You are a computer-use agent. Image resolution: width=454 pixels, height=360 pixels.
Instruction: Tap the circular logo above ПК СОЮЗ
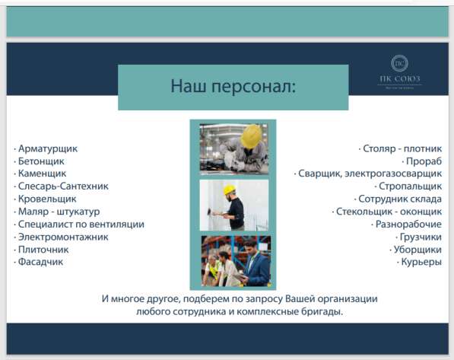point(400,63)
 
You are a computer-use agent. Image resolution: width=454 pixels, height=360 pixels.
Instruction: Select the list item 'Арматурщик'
point(47,149)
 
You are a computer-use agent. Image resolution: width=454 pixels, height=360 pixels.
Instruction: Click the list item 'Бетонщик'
point(40,161)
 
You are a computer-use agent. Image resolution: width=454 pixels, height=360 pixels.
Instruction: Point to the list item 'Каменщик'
point(41,174)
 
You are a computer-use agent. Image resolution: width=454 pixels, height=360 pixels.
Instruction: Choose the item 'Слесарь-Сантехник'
point(62,186)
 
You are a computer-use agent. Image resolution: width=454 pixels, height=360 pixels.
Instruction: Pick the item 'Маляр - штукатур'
point(59,211)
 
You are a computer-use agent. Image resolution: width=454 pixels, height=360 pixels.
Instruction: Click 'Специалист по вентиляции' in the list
point(80,224)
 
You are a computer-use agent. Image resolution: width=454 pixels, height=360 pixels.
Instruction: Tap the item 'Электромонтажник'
point(62,237)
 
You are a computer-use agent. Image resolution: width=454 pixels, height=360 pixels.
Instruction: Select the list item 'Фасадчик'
point(40,262)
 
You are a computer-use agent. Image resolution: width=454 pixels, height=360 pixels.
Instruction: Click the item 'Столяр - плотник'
point(402,149)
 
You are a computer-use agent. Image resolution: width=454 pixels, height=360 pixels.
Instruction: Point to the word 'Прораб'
point(423,161)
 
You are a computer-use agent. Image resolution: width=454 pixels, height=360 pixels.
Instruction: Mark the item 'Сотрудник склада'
point(400,199)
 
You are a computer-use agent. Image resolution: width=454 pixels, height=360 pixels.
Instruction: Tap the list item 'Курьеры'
point(420,262)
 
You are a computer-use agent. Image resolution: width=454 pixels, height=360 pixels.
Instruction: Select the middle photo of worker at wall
point(233,205)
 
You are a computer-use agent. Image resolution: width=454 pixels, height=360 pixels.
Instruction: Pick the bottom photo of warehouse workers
point(233,260)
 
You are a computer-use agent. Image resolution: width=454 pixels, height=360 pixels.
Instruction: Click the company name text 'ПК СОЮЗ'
point(401,81)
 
